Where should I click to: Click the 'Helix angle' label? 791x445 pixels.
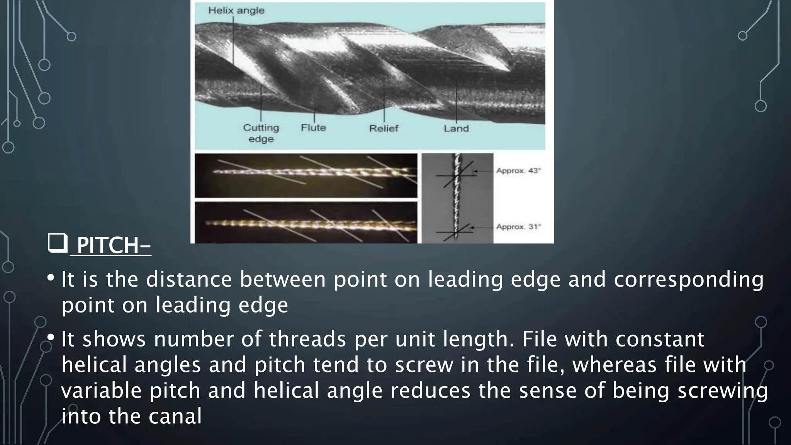pos(236,10)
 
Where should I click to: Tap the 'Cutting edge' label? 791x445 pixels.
pos(261,133)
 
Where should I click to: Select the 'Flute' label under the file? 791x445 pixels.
pos(313,127)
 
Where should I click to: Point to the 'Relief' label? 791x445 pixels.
pos(384,128)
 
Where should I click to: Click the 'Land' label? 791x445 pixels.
pos(456,128)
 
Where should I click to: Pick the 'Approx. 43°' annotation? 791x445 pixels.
pos(518,170)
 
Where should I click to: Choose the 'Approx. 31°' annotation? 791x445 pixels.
pos(518,227)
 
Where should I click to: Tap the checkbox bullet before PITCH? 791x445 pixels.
pos(58,243)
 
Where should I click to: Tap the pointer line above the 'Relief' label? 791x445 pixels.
pos(384,100)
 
